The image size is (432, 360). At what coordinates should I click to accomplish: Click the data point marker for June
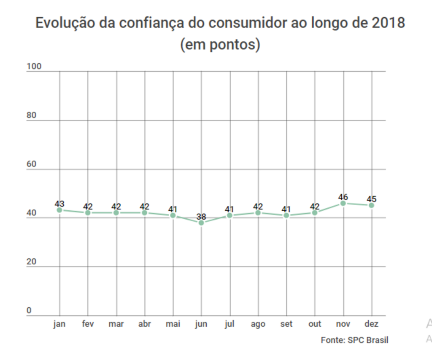point(201,223)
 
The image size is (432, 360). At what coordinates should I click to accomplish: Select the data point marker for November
point(343,203)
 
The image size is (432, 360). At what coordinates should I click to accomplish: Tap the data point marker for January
point(59,210)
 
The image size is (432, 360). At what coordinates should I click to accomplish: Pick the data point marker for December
point(372,205)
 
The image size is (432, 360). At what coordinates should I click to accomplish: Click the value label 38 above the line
point(201,217)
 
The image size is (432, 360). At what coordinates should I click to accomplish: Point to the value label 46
point(343,197)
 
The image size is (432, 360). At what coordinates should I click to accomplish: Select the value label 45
point(372,199)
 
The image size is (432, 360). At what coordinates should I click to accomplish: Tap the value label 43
point(59,204)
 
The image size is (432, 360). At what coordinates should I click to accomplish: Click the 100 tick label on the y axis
point(33,67)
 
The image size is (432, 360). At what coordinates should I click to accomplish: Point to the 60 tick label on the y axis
point(32,164)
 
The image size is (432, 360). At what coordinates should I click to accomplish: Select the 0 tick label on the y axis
point(29,311)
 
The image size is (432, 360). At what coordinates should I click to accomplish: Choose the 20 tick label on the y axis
point(32,262)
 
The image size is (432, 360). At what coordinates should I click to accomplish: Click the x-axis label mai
point(173,324)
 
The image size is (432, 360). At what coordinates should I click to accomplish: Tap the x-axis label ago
point(258,324)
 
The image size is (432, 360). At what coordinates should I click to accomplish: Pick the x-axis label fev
point(88,324)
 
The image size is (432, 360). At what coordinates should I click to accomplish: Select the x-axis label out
point(315,324)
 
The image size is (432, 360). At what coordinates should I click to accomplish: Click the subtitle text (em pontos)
point(220,44)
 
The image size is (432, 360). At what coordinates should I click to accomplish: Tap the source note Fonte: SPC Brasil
point(354,340)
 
